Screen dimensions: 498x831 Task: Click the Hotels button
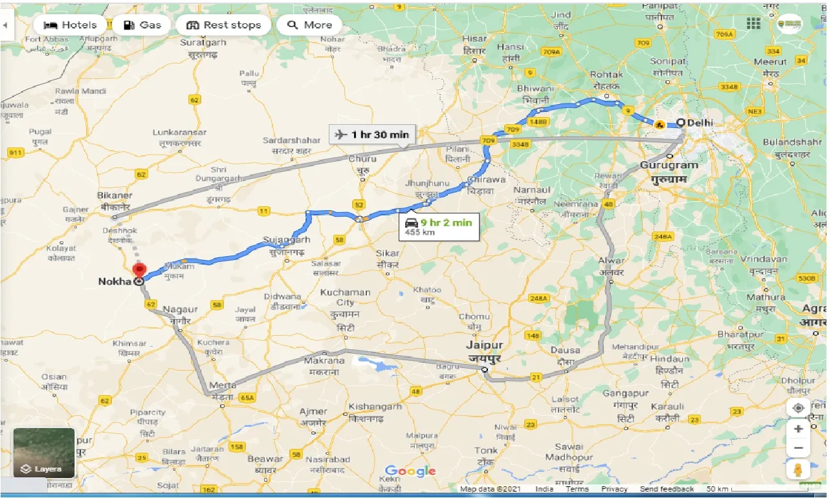pos(70,25)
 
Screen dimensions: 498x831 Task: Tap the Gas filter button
pos(142,25)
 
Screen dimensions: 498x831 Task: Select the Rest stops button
pos(223,25)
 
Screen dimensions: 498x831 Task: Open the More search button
pos(309,25)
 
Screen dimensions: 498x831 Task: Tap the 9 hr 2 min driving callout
pos(439,226)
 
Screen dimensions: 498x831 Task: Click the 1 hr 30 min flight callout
pos(371,135)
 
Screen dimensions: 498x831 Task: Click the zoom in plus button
pos(798,429)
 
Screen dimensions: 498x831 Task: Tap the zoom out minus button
pos(798,448)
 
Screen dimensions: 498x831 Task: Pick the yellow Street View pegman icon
pos(798,470)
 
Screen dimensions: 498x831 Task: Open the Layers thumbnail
pos(44,452)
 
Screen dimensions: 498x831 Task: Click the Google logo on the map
pos(410,471)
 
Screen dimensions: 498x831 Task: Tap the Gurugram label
pos(669,165)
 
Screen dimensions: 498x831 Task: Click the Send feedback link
pos(666,489)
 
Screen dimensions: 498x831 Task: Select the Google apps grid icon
pos(753,24)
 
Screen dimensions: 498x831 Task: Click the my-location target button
pos(798,408)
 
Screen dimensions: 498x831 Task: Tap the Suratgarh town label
pos(203,42)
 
